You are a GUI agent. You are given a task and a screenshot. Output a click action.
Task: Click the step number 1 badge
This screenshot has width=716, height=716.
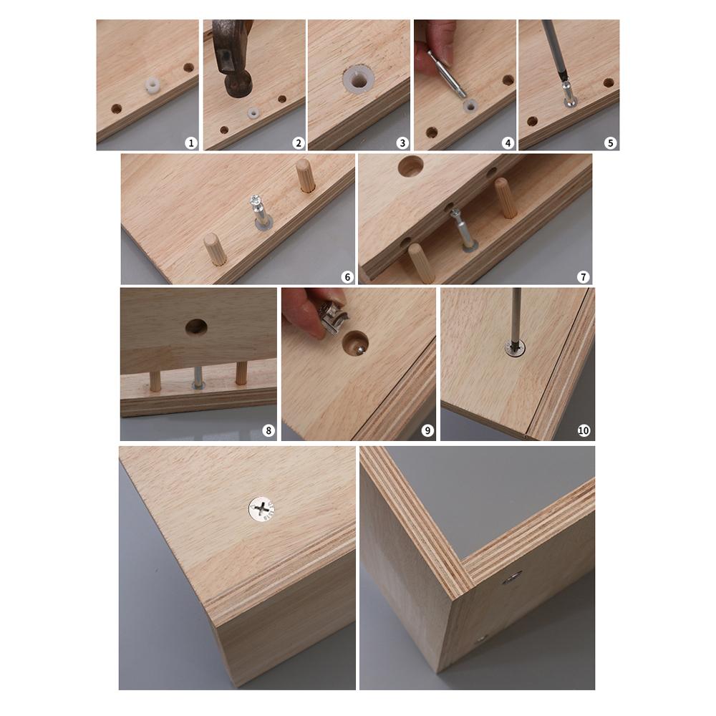click(x=190, y=142)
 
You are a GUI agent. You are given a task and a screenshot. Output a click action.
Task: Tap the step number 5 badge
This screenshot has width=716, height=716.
click(x=610, y=142)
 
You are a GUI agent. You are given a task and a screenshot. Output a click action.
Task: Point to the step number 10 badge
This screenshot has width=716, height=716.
click(x=584, y=430)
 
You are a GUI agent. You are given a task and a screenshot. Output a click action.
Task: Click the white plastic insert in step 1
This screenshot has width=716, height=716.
click(x=151, y=87)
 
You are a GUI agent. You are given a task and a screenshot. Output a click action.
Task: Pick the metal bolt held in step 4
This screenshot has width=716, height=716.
click(x=447, y=73)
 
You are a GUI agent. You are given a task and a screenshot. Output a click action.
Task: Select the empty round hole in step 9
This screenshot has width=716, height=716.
click(x=355, y=344)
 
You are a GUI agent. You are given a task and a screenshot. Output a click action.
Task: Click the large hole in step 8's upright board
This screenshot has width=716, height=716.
click(x=196, y=327)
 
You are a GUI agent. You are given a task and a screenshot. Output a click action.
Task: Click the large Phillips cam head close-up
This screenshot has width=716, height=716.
click(x=262, y=509)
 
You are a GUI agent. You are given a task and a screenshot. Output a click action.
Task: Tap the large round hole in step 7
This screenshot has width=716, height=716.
click(x=410, y=167)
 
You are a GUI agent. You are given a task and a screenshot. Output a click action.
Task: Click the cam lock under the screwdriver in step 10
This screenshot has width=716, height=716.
click(x=514, y=348)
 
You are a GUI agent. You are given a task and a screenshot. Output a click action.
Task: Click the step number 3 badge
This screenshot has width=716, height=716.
click(x=402, y=142)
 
